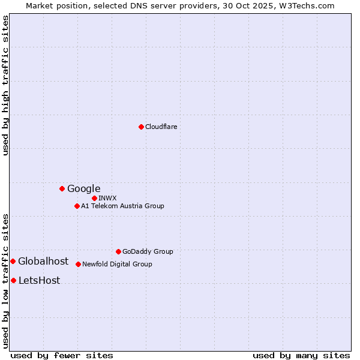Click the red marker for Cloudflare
pos(141,127)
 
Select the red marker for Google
pos(62,188)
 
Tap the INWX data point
pos(94,198)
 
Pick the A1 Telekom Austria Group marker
pos(77,206)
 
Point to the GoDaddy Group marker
pos(118,251)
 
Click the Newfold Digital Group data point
pos(78,264)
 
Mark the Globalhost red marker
pos(13,261)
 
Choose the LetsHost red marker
pos(13,280)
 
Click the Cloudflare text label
pos(161,127)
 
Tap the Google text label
pos(83,188)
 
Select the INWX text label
pos(107,198)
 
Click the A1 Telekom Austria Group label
pos(122,206)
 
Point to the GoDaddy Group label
pos(148,251)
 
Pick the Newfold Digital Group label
pos(117,264)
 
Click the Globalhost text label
pos(43,261)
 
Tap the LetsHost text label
pos(39,280)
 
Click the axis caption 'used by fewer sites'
pos(62,355)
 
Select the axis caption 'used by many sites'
pos(301,355)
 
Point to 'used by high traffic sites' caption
pos(5,85)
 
